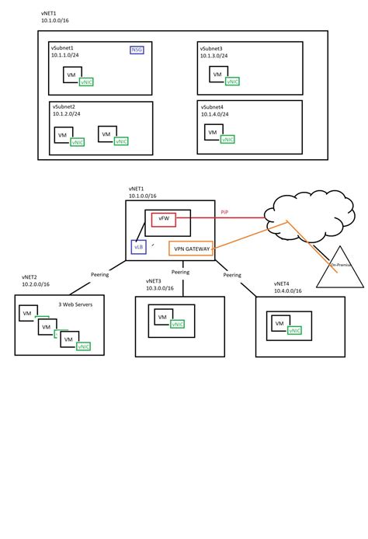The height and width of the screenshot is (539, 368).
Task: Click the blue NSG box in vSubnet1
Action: [137, 50]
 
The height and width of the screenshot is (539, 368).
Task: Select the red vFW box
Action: [165, 221]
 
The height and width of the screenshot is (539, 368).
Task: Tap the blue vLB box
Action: [138, 246]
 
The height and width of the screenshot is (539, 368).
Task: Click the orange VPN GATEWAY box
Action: [190, 249]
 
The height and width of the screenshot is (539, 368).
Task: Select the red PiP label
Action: [224, 211]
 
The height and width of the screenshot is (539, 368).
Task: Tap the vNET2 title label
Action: [30, 277]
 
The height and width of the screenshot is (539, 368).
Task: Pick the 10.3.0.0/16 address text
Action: [161, 288]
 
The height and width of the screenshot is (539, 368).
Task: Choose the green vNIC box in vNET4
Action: [294, 330]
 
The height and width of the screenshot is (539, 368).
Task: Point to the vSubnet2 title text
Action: [65, 106]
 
